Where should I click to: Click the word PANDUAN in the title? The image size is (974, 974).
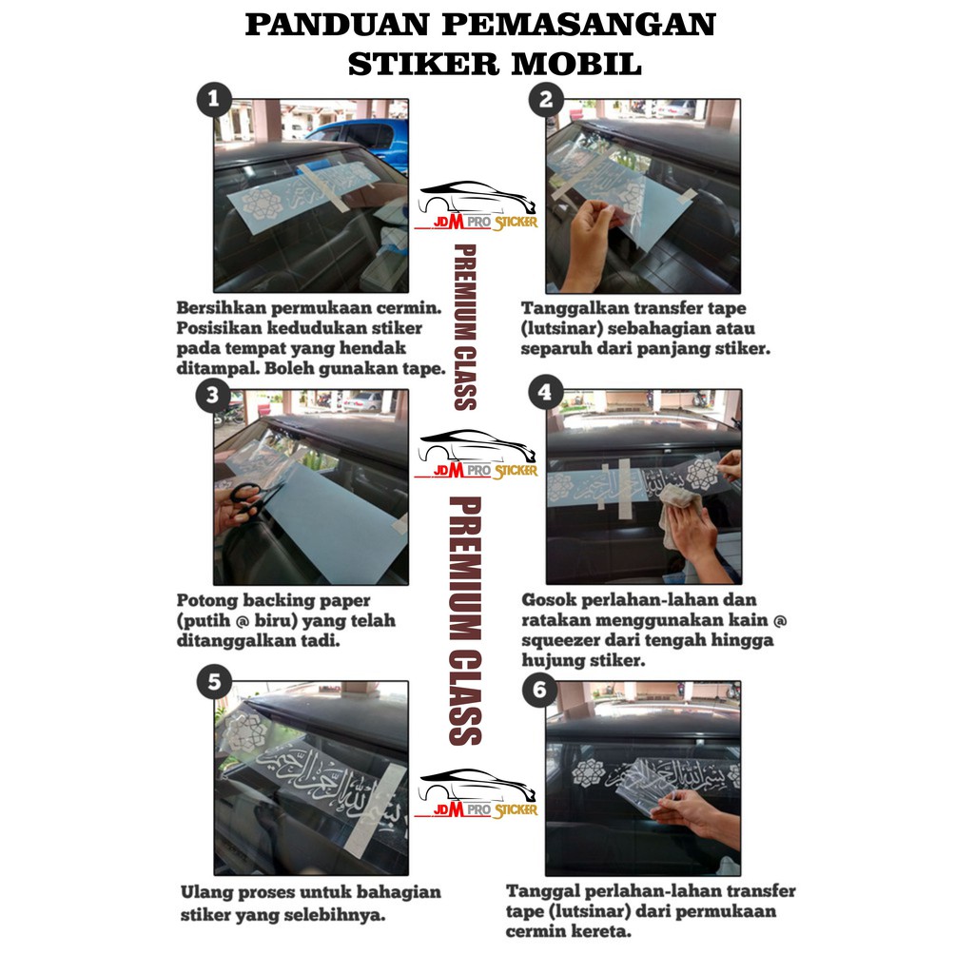(338, 25)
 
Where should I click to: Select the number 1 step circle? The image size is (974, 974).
(214, 99)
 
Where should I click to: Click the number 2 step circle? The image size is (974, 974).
(546, 99)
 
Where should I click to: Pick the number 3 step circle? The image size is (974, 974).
(212, 395)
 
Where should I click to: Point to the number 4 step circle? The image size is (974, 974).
(545, 392)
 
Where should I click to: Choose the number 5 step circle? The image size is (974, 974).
(214, 681)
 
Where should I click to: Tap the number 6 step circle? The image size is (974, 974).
(539, 689)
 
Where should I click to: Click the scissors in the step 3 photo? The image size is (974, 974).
(248, 498)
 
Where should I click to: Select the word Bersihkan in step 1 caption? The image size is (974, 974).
(222, 308)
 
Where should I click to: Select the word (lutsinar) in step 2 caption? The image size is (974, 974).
(561, 328)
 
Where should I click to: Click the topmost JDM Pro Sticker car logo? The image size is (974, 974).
(476, 206)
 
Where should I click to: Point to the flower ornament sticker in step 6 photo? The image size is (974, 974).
(588, 774)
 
